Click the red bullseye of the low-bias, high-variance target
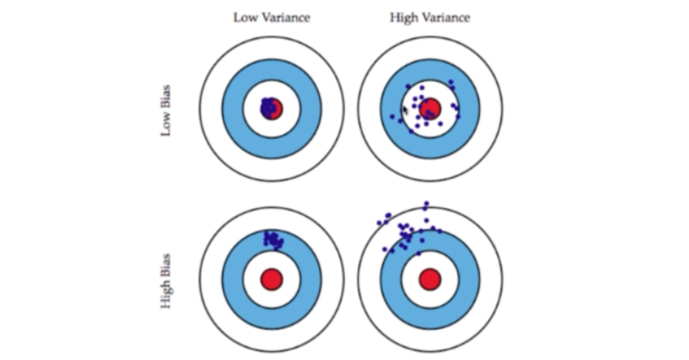(x=430, y=108)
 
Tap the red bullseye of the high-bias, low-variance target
(x=272, y=279)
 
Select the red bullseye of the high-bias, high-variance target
(x=429, y=279)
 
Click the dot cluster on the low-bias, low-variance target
(x=271, y=108)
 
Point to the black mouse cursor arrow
(x=404, y=111)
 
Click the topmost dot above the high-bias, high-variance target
(x=426, y=205)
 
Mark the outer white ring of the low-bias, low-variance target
(x=210, y=108)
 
